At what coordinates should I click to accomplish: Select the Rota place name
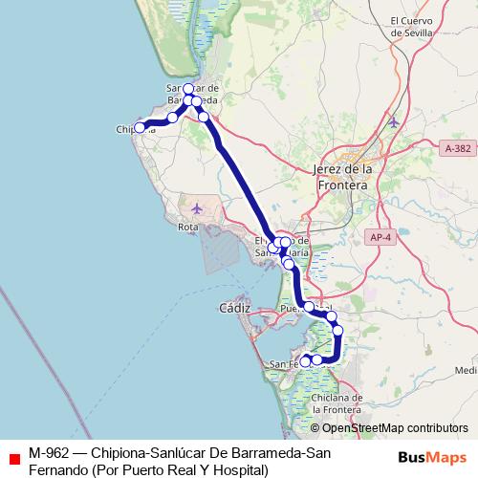tap(187, 227)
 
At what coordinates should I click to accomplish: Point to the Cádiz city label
tap(234, 308)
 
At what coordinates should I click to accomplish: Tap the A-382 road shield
tap(458, 149)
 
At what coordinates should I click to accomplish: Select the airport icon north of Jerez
tap(394, 121)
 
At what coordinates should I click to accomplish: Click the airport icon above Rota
tap(197, 208)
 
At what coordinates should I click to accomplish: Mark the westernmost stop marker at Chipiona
tap(140, 127)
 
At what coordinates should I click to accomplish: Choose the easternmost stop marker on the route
tap(337, 330)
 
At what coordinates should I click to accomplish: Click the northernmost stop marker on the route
tap(188, 89)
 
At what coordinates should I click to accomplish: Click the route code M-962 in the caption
tap(49, 452)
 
